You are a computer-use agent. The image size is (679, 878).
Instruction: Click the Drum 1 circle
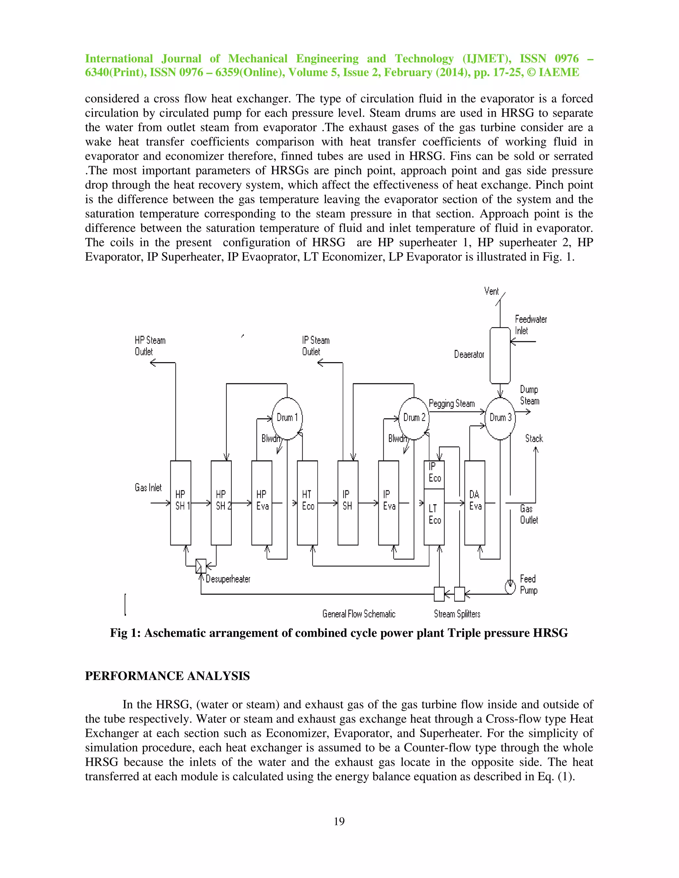287,418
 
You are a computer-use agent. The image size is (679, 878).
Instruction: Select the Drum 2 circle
414,418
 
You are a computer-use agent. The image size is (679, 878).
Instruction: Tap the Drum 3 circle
500,418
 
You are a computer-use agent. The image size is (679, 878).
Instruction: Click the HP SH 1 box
181,503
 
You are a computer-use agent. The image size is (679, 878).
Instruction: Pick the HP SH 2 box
221,503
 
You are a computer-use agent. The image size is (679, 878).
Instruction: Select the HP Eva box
262,503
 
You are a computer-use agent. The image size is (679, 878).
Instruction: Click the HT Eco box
307,503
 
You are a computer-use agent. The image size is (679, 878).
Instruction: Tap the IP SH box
348,503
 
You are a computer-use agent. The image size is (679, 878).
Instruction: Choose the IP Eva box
389,503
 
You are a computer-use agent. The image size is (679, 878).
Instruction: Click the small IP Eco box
434,474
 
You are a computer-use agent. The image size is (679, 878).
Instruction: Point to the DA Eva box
475,503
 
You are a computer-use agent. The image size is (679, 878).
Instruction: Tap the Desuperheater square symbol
201,566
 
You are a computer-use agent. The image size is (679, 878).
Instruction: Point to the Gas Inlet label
148,488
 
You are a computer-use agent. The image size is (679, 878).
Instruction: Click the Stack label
534,439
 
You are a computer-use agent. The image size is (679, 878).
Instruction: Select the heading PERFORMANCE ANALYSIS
167,676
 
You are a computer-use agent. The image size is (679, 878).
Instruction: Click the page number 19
339,821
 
